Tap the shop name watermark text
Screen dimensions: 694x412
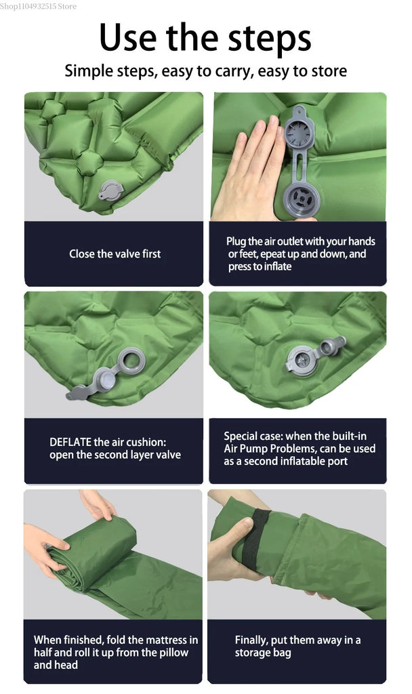coord(39,6)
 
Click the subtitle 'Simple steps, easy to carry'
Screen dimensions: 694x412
coord(205,70)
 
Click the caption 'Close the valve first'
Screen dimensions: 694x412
coord(115,253)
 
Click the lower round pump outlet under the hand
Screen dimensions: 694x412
coord(302,201)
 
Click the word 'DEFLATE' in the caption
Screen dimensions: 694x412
coord(70,442)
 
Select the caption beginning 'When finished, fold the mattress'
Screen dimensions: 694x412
coord(115,652)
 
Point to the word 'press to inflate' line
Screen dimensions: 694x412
coord(260,266)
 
